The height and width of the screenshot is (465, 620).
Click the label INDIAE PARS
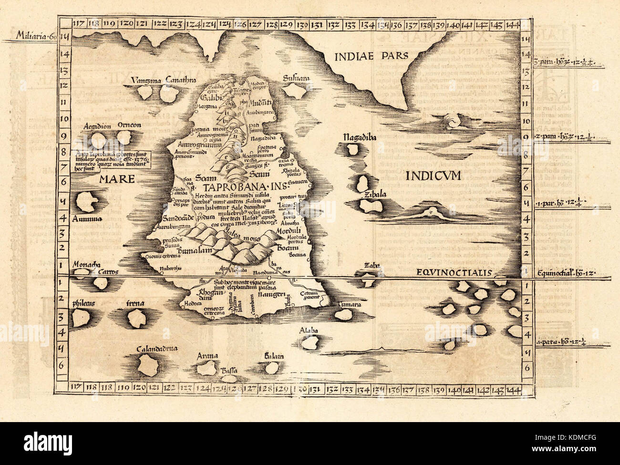pos(372,55)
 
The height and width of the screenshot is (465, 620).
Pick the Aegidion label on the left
pos(97,126)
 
